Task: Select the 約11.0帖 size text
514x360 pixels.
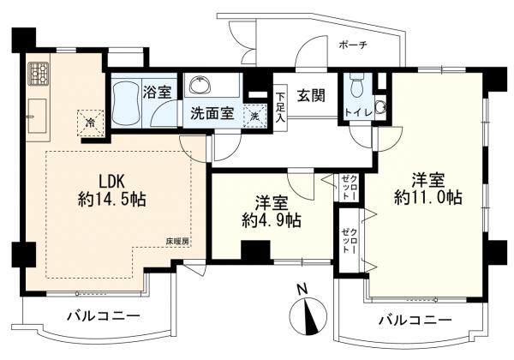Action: pyautogui.click(x=428, y=197)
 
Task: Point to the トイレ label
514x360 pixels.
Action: pyautogui.click(x=355, y=113)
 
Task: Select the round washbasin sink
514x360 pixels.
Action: pyautogui.click(x=202, y=85)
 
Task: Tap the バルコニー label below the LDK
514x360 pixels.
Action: pyautogui.click(x=104, y=317)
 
